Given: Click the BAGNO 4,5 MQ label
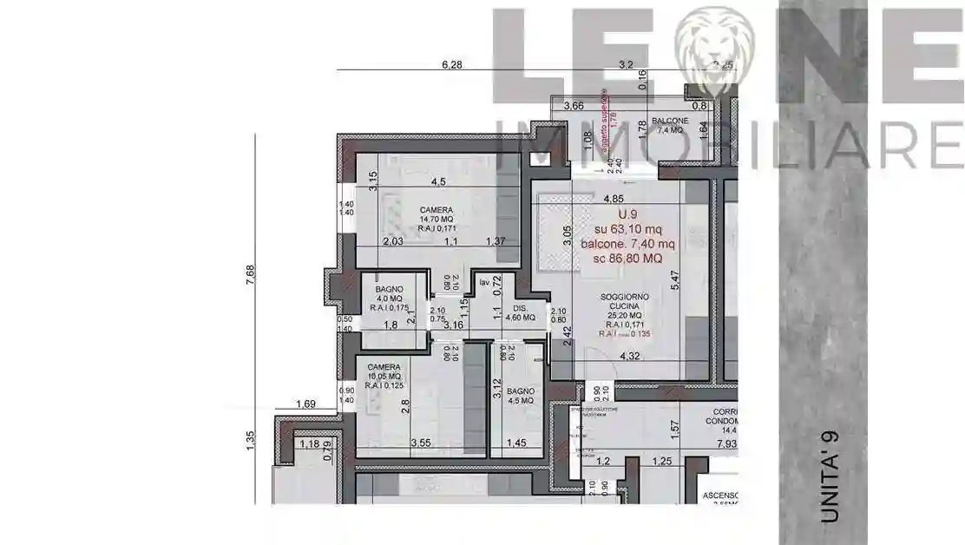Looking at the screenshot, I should tap(520, 397).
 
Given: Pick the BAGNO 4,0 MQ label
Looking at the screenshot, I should tap(388, 296).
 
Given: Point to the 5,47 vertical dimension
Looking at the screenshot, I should tap(674, 280).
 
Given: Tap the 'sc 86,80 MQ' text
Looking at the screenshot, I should tap(627, 258).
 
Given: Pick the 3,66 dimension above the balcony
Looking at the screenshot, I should tap(574, 106).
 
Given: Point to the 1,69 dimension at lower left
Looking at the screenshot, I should tap(304, 404).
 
